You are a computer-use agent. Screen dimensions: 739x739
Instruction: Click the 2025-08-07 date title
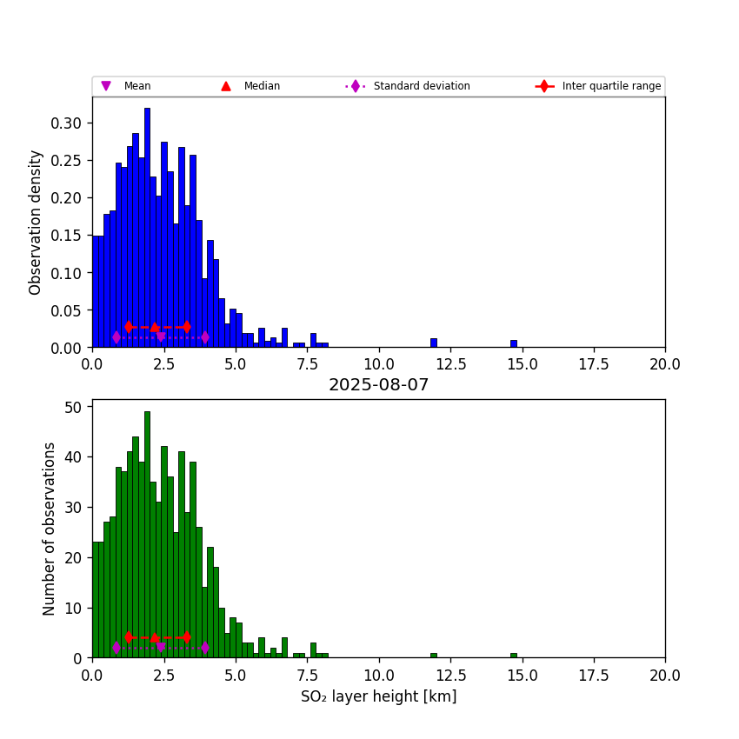click(x=378, y=385)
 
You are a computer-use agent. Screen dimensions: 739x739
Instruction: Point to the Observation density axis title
click(x=36, y=222)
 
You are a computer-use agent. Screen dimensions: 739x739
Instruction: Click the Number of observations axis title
click(x=50, y=529)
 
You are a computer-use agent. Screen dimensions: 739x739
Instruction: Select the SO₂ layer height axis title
click(x=378, y=696)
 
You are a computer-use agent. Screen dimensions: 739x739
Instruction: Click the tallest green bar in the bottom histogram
click(x=147, y=535)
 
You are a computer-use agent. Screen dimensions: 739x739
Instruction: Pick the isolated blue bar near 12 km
click(x=433, y=343)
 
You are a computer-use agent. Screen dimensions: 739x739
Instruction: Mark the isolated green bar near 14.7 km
click(x=513, y=656)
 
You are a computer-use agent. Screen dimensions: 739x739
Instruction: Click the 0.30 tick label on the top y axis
click(x=66, y=123)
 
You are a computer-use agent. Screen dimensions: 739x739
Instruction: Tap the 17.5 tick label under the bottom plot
click(x=594, y=675)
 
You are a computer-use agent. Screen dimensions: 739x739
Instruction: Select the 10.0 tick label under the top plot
click(x=378, y=364)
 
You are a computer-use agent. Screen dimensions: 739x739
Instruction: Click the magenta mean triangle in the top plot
click(x=161, y=337)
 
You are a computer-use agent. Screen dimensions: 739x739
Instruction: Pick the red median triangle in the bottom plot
click(x=155, y=637)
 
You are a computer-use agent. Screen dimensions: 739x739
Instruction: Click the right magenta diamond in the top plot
click(x=204, y=337)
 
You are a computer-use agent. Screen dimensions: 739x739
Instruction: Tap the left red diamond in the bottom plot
click(x=129, y=637)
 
